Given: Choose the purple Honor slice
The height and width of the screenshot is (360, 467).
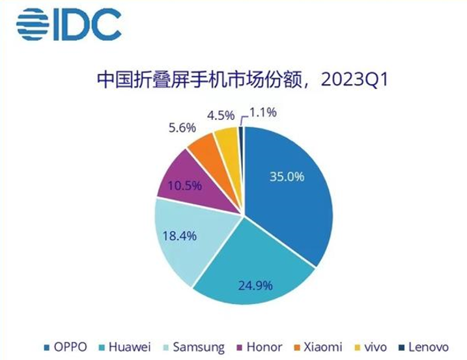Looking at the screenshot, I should pyautogui.click(x=186, y=179).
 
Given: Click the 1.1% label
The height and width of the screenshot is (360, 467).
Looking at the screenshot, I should pyautogui.click(x=263, y=112).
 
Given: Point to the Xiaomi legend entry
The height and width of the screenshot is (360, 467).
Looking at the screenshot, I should pyautogui.click(x=322, y=347).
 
